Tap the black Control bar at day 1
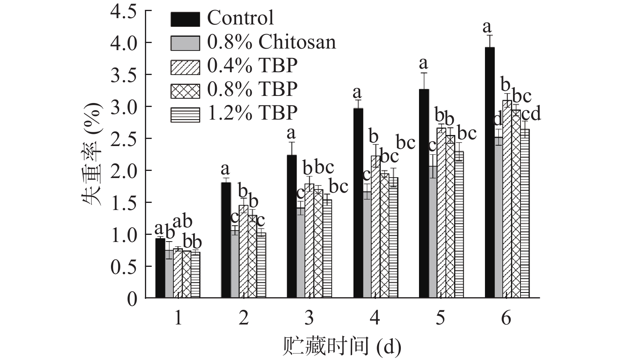coord(160,268)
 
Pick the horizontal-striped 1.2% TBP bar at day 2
coord(261,265)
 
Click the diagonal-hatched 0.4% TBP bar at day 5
coord(442,213)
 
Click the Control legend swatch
coord(185,19)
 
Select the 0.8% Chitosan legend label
coord(271,42)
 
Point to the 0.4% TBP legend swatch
coord(185,66)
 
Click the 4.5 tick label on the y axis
coord(123,11)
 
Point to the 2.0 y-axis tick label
coord(123,171)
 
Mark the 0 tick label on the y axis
coord(132,298)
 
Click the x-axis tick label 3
coord(309,317)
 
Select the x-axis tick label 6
coord(506,317)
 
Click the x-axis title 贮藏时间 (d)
coord(342,346)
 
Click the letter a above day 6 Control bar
coord(487,27)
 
